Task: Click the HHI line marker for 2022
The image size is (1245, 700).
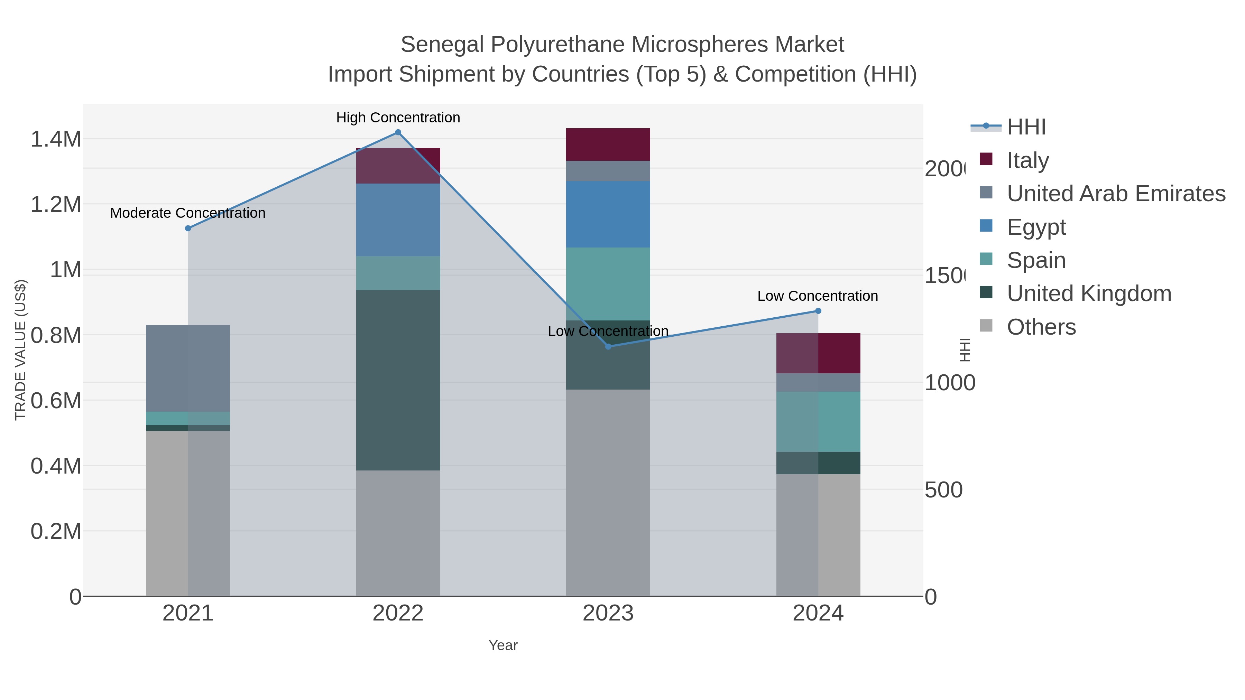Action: (398, 132)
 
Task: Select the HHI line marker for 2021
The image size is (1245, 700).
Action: (188, 228)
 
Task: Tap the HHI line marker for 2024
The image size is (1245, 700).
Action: (818, 311)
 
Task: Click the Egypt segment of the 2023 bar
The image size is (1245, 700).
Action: (608, 214)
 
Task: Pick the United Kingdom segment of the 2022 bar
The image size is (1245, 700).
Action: (398, 380)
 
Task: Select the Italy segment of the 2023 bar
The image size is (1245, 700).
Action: (608, 144)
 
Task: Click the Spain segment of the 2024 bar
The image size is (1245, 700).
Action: (818, 422)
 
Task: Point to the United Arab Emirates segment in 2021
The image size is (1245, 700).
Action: (188, 368)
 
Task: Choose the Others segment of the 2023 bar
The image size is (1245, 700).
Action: (608, 493)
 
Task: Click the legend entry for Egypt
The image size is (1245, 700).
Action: (1036, 227)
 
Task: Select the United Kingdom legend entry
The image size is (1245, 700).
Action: (1088, 294)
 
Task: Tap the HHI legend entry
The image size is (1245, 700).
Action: (1026, 127)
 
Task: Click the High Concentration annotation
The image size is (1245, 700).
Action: (398, 118)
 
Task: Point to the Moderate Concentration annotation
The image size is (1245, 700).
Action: (188, 213)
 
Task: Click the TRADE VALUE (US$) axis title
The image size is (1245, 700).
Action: (20, 350)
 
